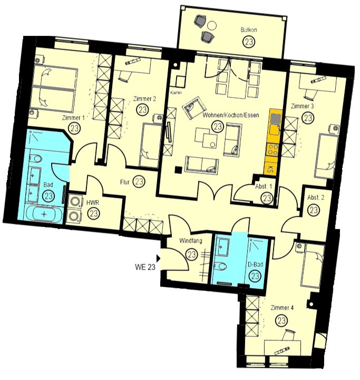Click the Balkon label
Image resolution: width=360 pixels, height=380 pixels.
pyautogui.click(x=248, y=30)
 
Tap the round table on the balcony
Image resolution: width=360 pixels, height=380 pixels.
pyautogui.click(x=212, y=25)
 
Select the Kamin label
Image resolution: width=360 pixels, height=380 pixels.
pyautogui.click(x=176, y=92)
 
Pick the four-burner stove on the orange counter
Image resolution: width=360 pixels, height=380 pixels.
pyautogui.click(x=273, y=149)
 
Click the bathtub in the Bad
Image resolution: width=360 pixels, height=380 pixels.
pyautogui.click(x=44, y=214)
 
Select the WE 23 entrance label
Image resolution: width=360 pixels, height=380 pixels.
pyautogui.click(x=145, y=267)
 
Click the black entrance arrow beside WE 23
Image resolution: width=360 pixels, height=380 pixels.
pyautogui.click(x=158, y=258)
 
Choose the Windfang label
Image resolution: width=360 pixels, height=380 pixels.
pyautogui.click(x=190, y=241)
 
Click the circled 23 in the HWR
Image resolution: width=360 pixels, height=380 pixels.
pyautogui.click(x=93, y=214)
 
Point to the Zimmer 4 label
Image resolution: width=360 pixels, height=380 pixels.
pyautogui.click(x=282, y=308)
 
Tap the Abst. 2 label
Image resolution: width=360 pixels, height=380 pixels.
pyautogui.click(x=316, y=197)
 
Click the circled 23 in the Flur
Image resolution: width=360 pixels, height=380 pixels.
pyautogui.click(x=139, y=181)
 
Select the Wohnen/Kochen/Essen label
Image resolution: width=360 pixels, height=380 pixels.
pyautogui.click(x=231, y=115)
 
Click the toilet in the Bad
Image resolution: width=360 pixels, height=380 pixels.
pyautogui.click(x=36, y=159)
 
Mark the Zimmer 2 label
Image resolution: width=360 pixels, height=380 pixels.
pyautogui.click(x=144, y=99)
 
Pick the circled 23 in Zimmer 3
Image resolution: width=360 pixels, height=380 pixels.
pyautogui.click(x=308, y=118)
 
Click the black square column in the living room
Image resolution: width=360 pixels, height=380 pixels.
pyautogui.click(x=179, y=170)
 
